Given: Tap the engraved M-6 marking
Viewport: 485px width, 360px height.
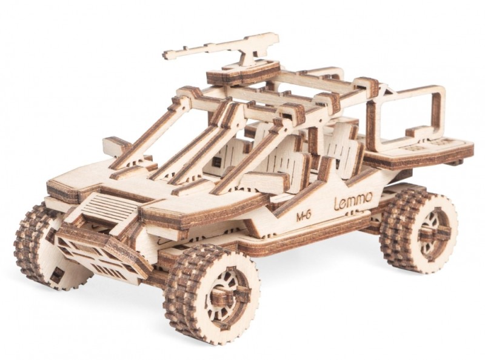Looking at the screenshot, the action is pyautogui.click(x=303, y=216).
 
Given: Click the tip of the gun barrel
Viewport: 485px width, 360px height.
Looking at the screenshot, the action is pyautogui.click(x=164, y=55).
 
